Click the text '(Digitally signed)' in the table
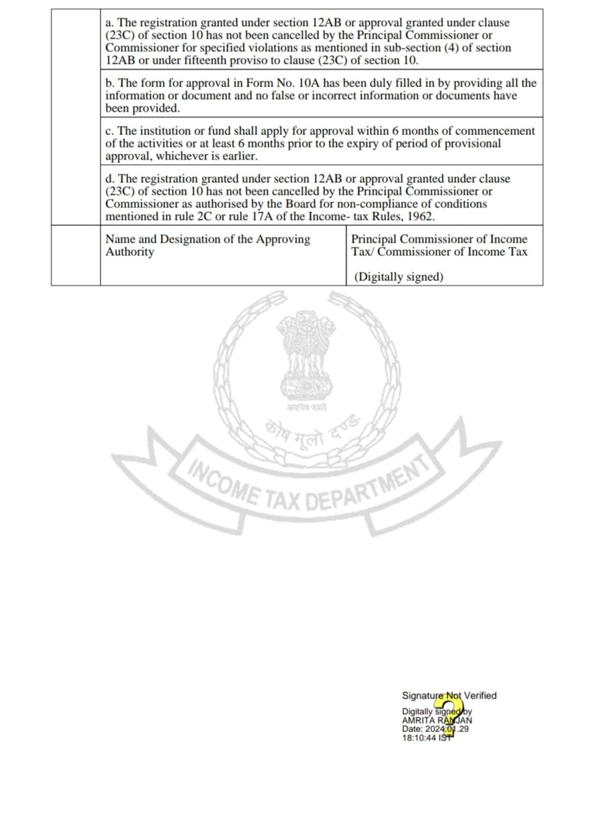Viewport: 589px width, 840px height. coord(399,277)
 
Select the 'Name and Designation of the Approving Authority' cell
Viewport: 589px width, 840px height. coord(208,245)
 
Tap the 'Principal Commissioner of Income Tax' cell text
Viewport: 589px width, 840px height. coord(439,245)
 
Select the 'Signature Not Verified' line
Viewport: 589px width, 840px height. coord(449,696)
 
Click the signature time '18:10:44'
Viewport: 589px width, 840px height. coord(419,738)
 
